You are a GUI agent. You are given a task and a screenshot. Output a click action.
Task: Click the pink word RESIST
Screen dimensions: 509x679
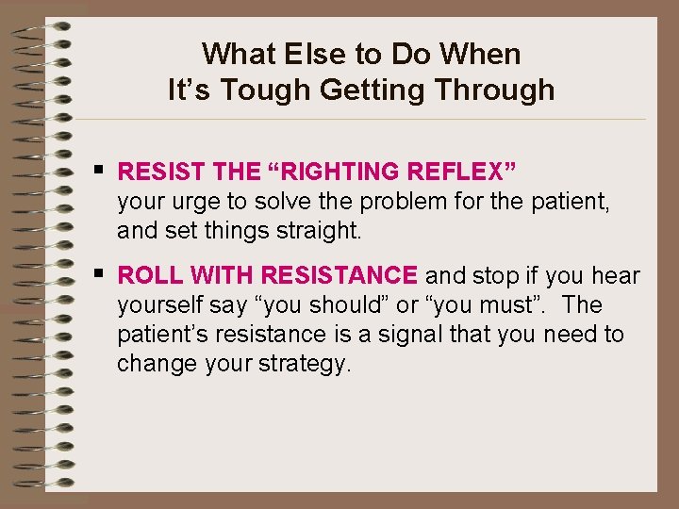pos(159,172)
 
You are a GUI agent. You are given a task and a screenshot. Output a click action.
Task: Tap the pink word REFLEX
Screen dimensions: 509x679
pos(456,172)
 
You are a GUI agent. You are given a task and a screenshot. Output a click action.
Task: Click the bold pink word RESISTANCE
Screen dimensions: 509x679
pos(339,275)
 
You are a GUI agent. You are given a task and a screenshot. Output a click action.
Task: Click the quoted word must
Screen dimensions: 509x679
pos(502,305)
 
